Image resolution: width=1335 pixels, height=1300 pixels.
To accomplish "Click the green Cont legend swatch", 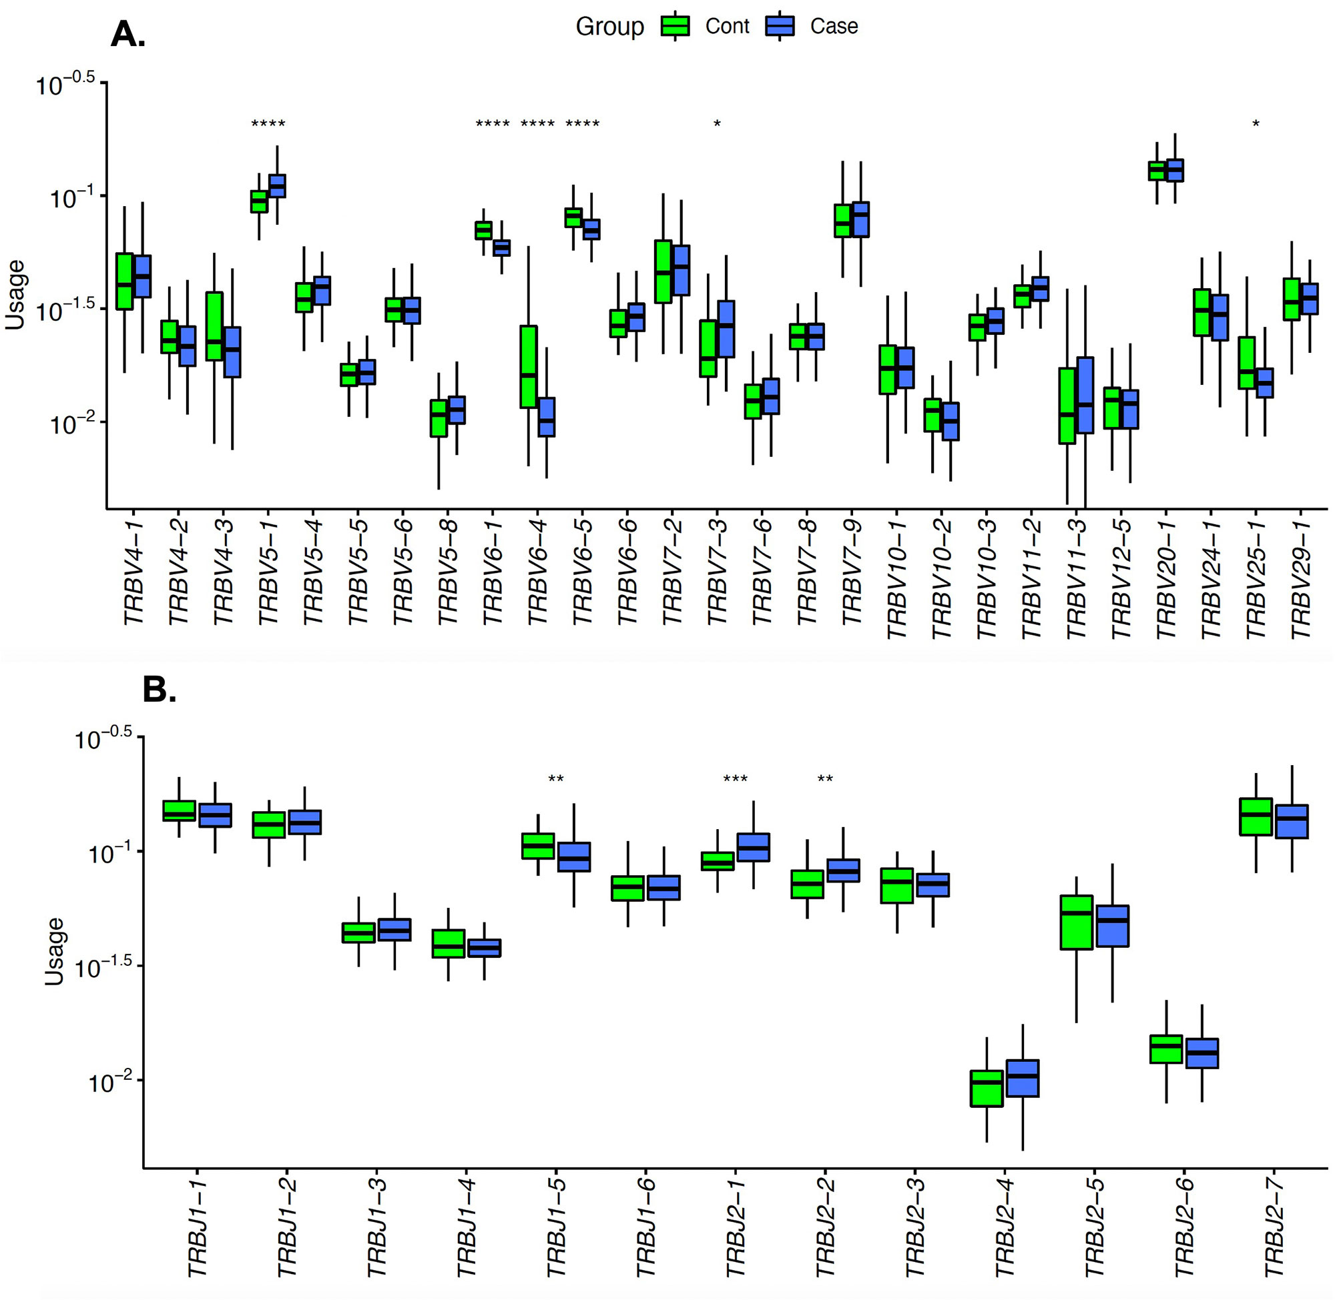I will point(675,26).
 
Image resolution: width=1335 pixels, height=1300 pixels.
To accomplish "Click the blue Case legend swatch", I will point(780,26).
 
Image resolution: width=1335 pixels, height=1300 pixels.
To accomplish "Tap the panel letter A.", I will point(127,34).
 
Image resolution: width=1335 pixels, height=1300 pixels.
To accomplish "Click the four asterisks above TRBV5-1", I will point(268,123).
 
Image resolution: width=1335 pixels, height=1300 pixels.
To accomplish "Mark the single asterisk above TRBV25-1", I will point(1256,123).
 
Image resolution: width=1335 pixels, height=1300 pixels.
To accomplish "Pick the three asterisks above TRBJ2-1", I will point(735,778).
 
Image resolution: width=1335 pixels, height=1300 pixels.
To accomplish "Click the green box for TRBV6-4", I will point(528,367).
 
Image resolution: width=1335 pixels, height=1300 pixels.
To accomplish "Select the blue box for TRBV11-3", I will point(1085,395).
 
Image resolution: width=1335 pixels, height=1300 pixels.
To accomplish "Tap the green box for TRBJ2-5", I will point(1076,922).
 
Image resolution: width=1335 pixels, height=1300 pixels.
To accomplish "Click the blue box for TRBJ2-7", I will point(1291,821).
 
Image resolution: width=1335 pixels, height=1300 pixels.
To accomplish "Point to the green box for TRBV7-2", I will point(663,271).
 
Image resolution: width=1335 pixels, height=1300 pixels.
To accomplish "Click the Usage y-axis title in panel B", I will point(54,951).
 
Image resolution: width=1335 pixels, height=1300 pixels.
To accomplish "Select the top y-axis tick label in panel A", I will point(65,85).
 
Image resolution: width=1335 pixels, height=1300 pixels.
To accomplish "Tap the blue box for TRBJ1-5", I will point(574,856).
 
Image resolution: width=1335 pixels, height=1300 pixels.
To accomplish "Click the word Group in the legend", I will point(609,27).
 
